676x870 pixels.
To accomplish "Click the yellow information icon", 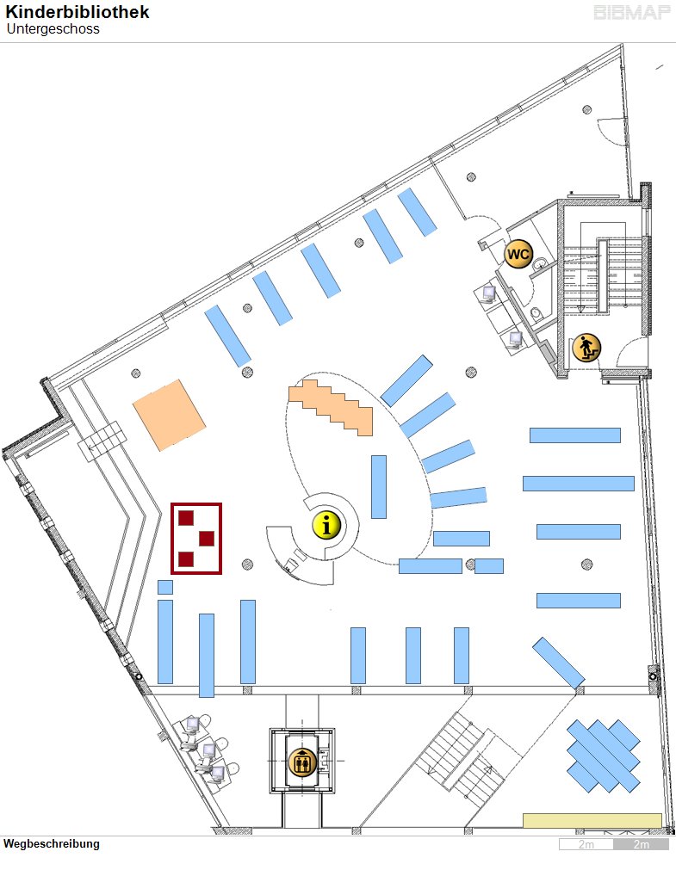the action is pyautogui.click(x=326, y=525).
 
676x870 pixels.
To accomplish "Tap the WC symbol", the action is pyautogui.click(x=518, y=254).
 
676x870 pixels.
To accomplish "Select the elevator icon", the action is pyautogui.click(x=302, y=762).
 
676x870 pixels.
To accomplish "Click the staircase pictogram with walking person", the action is pyautogui.click(x=586, y=349).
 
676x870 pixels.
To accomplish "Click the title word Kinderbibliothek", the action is pyautogui.click(x=78, y=12).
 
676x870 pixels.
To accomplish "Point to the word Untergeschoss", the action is pyautogui.click(x=53, y=29).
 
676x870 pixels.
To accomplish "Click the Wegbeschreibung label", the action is pyautogui.click(x=52, y=844).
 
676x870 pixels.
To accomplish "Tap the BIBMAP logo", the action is pyautogui.click(x=632, y=12).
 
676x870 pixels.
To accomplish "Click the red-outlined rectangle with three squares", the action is pyautogui.click(x=196, y=538).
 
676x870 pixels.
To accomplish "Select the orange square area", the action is pyautogui.click(x=170, y=415).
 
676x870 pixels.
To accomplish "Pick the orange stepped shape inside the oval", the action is pyautogui.click(x=331, y=407).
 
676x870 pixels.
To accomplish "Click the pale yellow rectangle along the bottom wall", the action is pyautogui.click(x=592, y=821).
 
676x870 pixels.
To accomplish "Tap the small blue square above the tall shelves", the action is pyautogui.click(x=165, y=587).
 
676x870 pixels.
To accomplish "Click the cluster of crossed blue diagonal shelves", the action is pyautogui.click(x=604, y=756).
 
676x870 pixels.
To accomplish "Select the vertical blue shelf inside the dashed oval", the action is pyautogui.click(x=379, y=486).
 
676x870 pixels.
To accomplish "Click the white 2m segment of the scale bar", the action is pyautogui.click(x=586, y=844).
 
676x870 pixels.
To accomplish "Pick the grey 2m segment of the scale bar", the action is pyautogui.click(x=641, y=844).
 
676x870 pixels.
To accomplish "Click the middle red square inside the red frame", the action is pyautogui.click(x=207, y=538).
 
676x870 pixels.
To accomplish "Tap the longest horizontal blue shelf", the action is pyautogui.click(x=578, y=484).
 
